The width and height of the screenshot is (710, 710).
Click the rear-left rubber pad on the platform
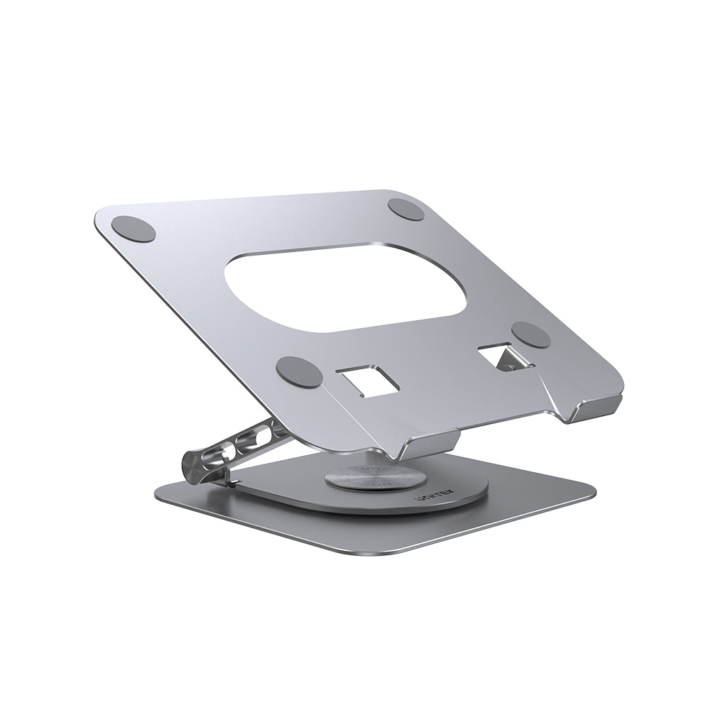[133, 229]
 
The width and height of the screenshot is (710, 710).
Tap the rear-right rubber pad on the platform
[407, 209]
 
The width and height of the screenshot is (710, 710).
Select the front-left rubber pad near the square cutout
[300, 371]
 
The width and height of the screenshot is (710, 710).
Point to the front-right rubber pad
[531, 334]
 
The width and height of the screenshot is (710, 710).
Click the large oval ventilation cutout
[346, 290]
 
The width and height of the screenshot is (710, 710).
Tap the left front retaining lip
[426, 447]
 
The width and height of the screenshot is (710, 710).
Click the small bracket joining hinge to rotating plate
[231, 483]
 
